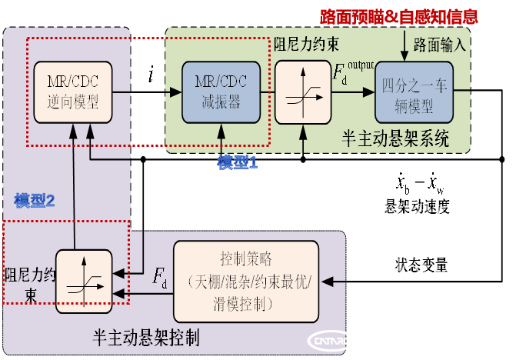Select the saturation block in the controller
[83, 282]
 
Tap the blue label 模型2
[35, 202]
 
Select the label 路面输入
[439, 44]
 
